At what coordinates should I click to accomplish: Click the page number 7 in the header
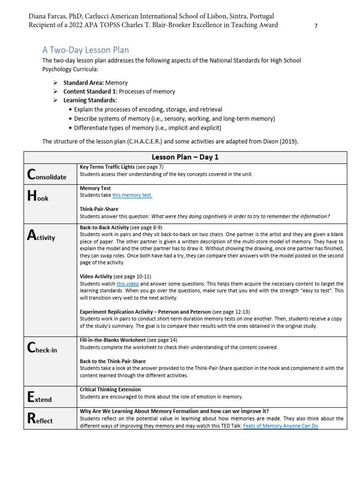[x=316, y=26]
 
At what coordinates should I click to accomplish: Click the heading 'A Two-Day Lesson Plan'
[x=85, y=50]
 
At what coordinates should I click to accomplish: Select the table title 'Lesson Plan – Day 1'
[x=185, y=157]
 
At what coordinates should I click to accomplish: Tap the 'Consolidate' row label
[x=47, y=175]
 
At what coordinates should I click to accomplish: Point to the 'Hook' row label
[x=38, y=197]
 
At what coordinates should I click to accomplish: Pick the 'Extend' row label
[x=40, y=398]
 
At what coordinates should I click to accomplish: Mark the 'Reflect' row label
[x=40, y=420]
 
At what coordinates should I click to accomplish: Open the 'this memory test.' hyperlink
[x=132, y=195]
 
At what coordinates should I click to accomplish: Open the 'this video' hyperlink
[x=127, y=284]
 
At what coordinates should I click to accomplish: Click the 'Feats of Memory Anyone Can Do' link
[x=280, y=426]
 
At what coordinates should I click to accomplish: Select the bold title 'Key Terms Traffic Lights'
[x=107, y=167]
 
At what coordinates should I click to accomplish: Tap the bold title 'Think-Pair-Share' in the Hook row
[x=99, y=209]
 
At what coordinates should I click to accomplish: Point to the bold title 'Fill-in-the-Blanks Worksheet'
[x=112, y=340]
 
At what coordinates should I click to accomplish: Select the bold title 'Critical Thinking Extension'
[x=110, y=390]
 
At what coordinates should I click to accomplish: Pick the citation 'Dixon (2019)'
[x=281, y=141]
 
